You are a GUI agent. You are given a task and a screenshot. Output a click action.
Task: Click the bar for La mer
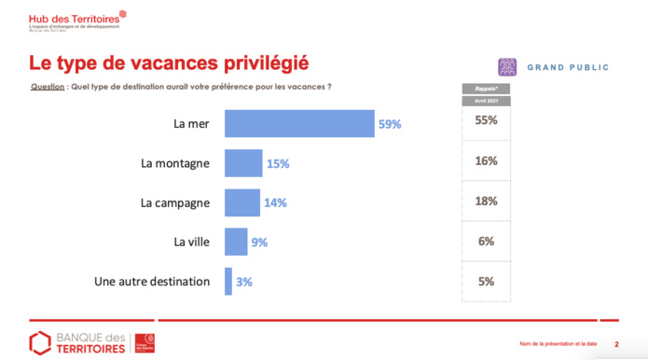299,123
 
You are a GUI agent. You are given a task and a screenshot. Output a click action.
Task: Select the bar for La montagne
243,163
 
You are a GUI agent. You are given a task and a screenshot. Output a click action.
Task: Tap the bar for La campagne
242,202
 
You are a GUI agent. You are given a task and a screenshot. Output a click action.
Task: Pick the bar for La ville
236,242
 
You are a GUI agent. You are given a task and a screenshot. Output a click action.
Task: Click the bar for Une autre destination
228,281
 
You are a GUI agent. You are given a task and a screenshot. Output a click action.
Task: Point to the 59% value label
390,123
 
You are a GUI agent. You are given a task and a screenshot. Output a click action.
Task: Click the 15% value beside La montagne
278,163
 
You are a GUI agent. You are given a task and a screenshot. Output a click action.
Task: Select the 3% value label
244,281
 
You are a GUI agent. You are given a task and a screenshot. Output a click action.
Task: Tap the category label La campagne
175,202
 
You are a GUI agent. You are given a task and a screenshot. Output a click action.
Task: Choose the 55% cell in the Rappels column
485,121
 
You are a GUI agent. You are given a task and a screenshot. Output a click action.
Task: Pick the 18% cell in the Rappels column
485,201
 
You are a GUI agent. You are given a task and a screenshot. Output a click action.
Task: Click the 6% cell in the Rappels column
485,241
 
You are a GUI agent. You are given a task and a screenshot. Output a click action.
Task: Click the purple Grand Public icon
507,67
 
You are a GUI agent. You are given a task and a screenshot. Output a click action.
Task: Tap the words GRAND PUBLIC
568,68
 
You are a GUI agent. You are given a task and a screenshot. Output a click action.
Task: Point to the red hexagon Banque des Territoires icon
39,342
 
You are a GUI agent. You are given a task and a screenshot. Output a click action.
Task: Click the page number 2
616,344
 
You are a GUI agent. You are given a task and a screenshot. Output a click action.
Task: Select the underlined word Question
48,87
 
